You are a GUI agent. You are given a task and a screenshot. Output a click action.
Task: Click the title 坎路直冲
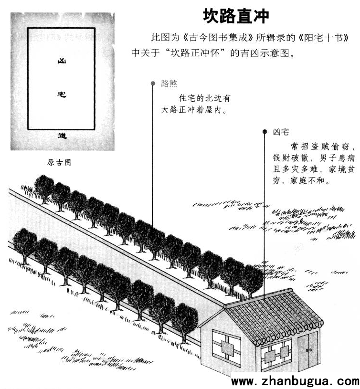point(236,16)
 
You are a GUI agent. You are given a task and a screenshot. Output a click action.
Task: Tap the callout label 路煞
point(169,84)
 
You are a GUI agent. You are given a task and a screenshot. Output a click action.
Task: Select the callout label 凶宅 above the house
point(281,132)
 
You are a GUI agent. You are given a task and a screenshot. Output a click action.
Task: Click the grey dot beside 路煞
point(153,84)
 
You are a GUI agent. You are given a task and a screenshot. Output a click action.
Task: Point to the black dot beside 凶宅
point(265,131)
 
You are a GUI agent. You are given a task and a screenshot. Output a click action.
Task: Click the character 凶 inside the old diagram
point(62,61)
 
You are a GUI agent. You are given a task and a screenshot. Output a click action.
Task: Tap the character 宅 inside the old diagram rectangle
point(62,95)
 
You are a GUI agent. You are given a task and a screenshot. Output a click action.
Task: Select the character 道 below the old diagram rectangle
point(62,136)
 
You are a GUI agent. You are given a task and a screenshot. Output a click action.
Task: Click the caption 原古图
point(59,162)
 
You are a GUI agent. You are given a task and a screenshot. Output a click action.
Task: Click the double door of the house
point(308,350)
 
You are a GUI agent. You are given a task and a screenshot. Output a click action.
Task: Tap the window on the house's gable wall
point(226,347)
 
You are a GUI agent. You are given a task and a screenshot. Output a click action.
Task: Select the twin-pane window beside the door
point(276,354)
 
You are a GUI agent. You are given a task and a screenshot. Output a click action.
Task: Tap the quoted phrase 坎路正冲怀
point(195,53)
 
